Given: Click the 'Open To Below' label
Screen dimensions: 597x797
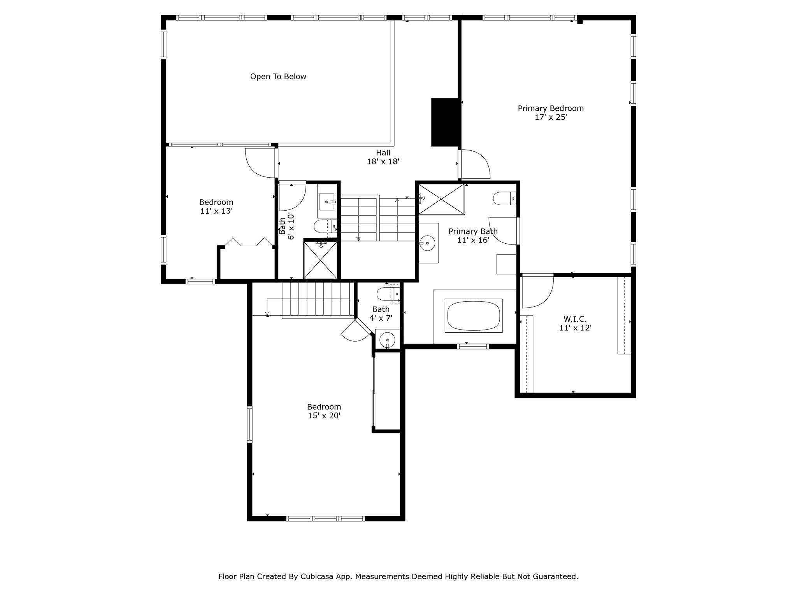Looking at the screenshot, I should coord(278,77).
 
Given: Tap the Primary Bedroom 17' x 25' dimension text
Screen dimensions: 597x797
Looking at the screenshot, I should coord(550,117).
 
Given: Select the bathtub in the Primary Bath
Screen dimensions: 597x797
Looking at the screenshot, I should coord(474,316).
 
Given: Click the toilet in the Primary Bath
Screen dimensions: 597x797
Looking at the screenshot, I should coord(504,199).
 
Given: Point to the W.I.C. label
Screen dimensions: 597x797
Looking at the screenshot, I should coord(575,319).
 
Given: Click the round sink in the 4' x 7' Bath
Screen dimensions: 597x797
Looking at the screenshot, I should coord(387,340).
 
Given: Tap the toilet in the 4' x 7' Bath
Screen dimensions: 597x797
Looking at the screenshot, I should coord(387,294).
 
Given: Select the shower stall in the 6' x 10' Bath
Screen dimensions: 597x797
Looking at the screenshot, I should coord(320,260).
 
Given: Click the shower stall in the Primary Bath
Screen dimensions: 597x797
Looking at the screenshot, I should coord(441,199).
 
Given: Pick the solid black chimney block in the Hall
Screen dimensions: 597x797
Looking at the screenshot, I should coord(445,122).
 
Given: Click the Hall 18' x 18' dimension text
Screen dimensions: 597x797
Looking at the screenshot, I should coord(383,161).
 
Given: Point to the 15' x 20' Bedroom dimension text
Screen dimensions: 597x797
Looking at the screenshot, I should coord(324,415).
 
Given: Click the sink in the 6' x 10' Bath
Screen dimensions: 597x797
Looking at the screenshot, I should coord(326,202).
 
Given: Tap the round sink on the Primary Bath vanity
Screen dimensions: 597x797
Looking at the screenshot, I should coord(428,243).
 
